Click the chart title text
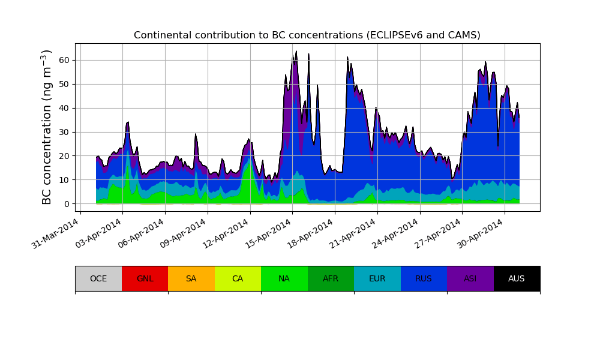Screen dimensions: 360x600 coord(307,35)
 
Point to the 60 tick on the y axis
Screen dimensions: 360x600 coord(64,60)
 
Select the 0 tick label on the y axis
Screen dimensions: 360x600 coord(67,204)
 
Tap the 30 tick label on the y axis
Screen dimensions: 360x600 coord(64,132)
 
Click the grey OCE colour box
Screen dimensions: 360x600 coord(98,278)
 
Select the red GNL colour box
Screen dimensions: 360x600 coord(145,278)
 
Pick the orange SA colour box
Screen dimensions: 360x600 coord(191,278)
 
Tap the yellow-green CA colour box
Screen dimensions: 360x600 coord(238,278)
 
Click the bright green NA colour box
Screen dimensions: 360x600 coord(284,278)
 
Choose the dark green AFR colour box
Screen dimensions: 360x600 coord(331,278)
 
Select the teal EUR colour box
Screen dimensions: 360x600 coord(377,278)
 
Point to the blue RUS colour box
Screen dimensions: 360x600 coord(424,278)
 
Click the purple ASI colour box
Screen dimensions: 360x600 coord(470,278)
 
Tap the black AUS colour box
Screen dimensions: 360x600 coord(517,278)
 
